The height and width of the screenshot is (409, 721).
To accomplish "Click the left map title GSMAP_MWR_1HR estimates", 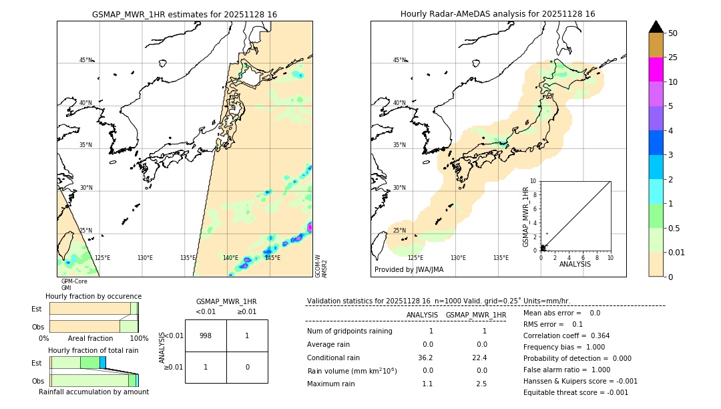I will click(184, 14).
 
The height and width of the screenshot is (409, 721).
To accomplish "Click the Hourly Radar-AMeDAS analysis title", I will click(498, 14).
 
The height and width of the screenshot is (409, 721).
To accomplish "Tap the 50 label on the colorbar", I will click(673, 33).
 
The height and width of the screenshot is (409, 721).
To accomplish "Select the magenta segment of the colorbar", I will click(656, 70).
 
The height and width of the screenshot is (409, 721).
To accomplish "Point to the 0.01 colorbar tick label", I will click(676, 252).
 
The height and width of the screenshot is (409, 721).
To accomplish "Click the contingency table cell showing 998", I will click(206, 335).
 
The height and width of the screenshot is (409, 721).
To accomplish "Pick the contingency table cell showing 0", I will click(247, 367).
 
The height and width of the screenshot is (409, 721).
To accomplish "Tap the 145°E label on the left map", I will click(272, 257).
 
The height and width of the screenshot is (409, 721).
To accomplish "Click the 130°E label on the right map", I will click(458, 257).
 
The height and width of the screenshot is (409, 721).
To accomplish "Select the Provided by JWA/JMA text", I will click(409, 270).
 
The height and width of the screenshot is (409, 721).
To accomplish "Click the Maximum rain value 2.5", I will click(481, 384).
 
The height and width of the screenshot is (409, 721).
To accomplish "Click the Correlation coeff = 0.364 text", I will click(566, 335).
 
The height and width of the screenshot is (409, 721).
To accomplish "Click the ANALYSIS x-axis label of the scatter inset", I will click(575, 265).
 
